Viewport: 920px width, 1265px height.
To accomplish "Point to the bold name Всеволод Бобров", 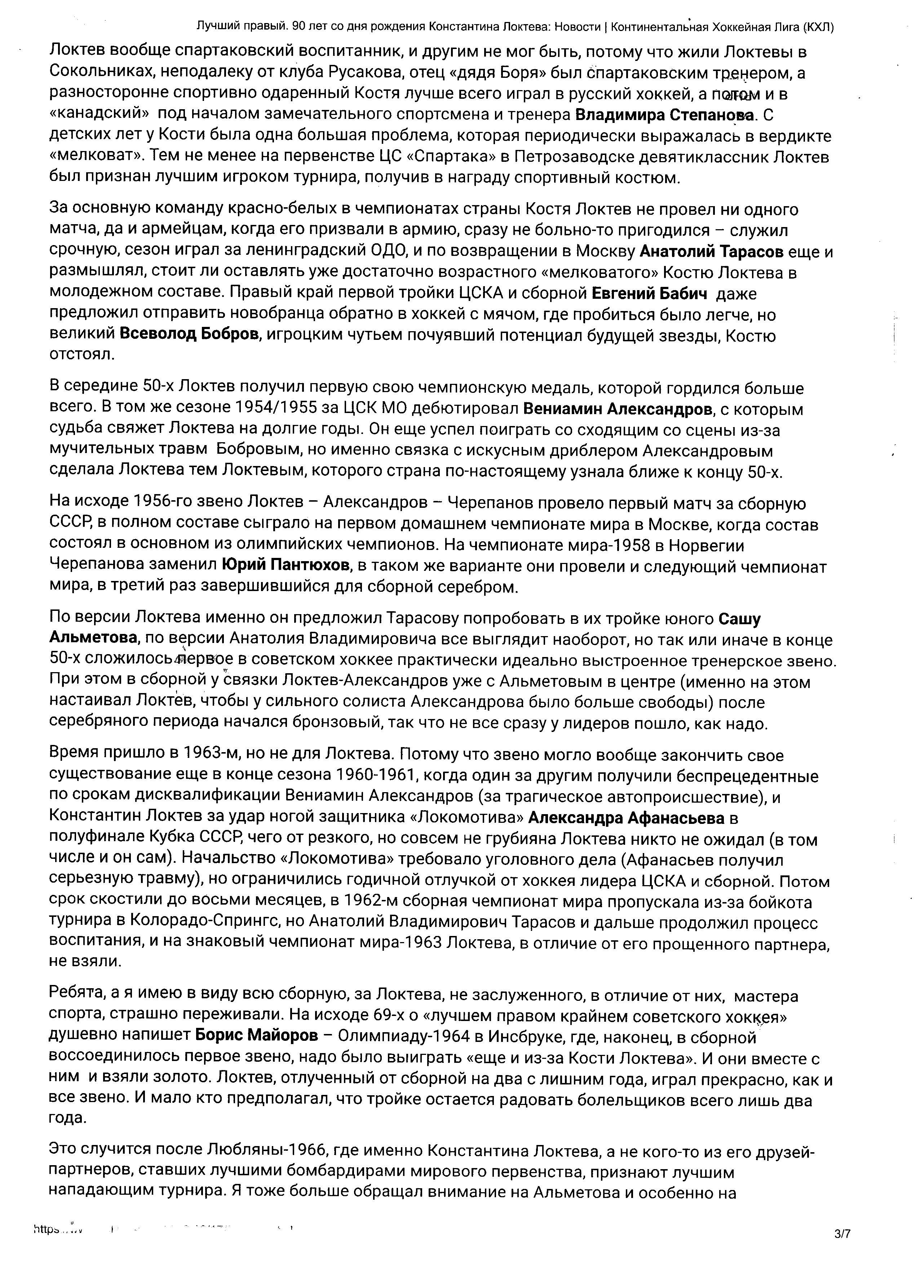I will tap(190, 335).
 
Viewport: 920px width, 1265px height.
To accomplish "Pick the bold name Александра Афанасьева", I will tap(626, 818).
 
